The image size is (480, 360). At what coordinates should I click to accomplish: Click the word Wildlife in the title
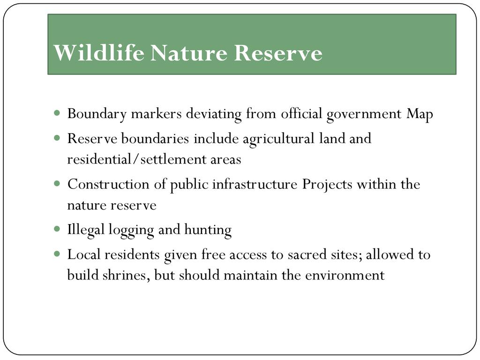[99, 52]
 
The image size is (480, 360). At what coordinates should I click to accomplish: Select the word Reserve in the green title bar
[278, 53]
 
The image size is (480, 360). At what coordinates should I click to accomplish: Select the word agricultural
[278, 139]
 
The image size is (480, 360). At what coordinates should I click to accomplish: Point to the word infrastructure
[255, 184]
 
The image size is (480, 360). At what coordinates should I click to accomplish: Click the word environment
[345, 275]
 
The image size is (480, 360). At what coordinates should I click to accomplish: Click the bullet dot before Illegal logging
[57, 229]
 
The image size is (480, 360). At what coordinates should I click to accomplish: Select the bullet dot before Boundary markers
[57, 113]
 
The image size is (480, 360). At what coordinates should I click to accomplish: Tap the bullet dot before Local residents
[57, 254]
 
